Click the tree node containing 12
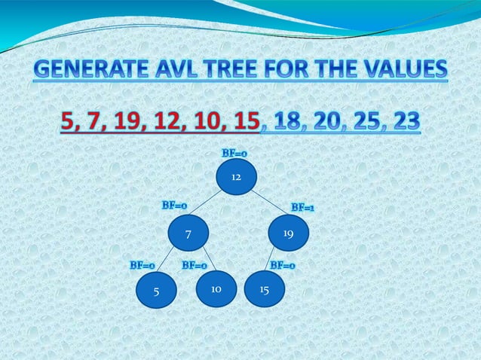tap(235, 177)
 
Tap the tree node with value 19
tap(288, 234)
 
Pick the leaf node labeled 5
tap(156, 291)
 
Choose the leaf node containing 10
tap(216, 288)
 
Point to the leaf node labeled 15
tap(264, 288)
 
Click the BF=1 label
tap(303, 207)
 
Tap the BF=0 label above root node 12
tap(234, 153)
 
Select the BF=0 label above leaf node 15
tap(283, 265)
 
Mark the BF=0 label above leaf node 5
tap(142, 265)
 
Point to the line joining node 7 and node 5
tap(167, 261)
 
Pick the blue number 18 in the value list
tap(291, 121)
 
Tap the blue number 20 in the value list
tap(329, 121)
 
